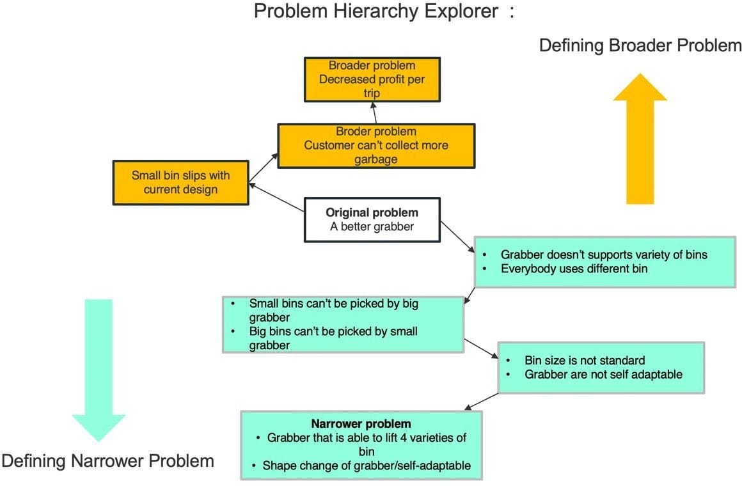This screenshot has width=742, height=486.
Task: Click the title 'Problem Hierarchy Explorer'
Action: tap(376, 12)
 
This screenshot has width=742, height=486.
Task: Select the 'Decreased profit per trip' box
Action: tap(371, 79)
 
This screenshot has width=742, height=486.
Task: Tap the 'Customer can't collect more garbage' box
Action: tap(375, 146)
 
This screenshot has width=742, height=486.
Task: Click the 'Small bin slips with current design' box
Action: tap(180, 182)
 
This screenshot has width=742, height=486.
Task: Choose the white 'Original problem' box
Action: tap(372, 219)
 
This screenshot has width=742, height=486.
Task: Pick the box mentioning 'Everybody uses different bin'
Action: tap(604, 262)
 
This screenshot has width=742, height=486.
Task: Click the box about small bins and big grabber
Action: tap(342, 324)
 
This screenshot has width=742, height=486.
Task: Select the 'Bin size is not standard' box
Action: tap(601, 367)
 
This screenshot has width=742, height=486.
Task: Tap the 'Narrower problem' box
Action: tap(361, 444)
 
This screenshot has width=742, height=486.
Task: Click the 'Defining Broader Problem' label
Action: tap(640, 46)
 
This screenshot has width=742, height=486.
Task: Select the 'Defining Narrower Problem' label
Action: tap(107, 460)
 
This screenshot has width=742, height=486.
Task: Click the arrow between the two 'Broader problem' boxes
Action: tap(374, 113)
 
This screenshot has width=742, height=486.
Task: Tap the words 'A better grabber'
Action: tap(372, 226)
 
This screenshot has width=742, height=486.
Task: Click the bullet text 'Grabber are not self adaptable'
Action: tap(603, 374)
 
